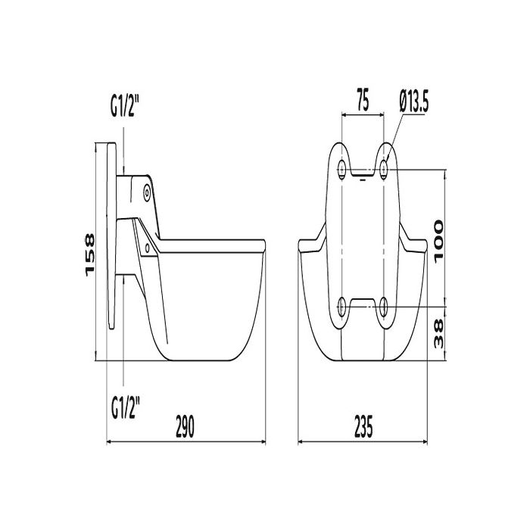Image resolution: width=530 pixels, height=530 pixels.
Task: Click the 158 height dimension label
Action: (x=89, y=254)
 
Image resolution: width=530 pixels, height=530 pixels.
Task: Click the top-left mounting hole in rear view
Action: (x=341, y=168)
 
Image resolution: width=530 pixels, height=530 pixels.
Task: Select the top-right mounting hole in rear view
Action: (x=385, y=168)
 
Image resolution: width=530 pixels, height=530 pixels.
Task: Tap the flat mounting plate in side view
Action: (x=111, y=235)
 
